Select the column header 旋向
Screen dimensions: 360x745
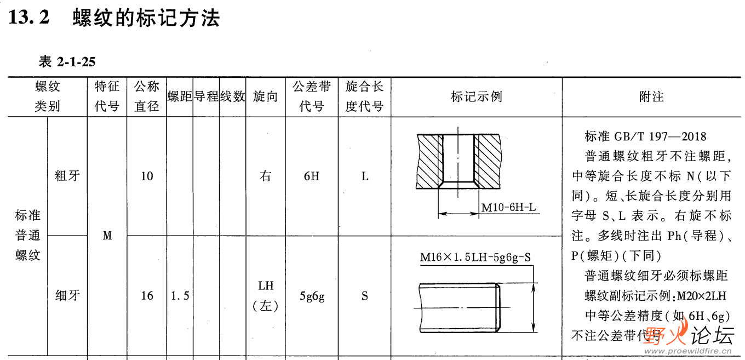(x=265, y=97)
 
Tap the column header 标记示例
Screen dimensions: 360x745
(x=476, y=97)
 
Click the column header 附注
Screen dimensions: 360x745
(x=651, y=97)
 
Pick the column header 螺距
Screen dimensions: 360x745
(x=180, y=97)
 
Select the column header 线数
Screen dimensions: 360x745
(x=232, y=97)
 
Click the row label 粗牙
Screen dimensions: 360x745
(x=68, y=176)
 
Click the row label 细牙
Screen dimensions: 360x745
(x=68, y=296)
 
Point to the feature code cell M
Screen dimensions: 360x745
(x=107, y=236)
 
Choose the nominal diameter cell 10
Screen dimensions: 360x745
(x=147, y=176)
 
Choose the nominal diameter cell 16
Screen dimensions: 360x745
(x=147, y=296)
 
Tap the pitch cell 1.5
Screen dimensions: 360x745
(x=180, y=296)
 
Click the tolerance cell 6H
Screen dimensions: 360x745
(x=311, y=176)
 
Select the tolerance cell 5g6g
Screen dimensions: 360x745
(x=312, y=296)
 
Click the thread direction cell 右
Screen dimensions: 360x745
(x=265, y=176)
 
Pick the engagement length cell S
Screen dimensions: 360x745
(x=364, y=296)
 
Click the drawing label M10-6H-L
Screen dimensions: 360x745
(x=508, y=208)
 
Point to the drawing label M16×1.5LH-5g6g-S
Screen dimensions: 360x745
(x=475, y=258)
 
